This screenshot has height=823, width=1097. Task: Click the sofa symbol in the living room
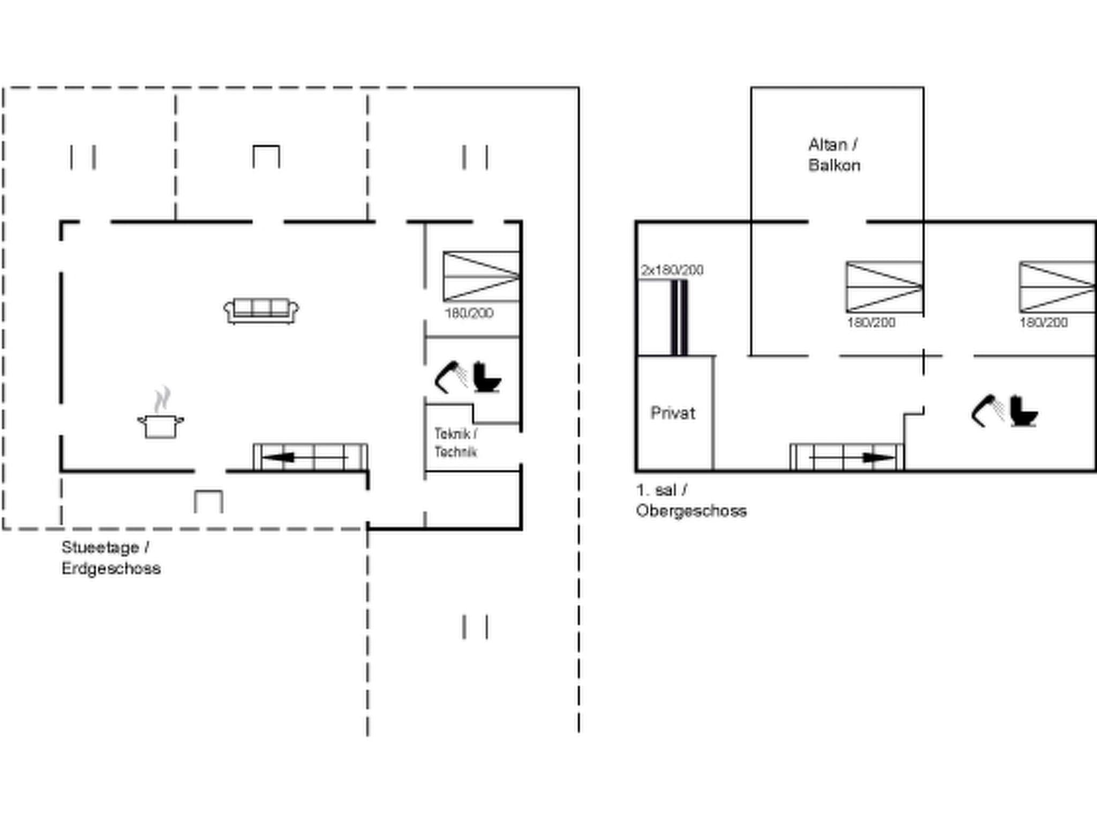pyautogui.click(x=261, y=311)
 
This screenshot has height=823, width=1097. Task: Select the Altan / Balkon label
pyautogui.click(x=833, y=155)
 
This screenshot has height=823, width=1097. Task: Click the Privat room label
pyautogui.click(x=673, y=413)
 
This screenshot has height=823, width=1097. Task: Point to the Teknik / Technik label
pyautogui.click(x=455, y=443)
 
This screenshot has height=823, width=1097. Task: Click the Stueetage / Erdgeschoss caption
pyautogui.click(x=110, y=558)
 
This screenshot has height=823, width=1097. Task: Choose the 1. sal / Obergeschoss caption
pyautogui.click(x=690, y=500)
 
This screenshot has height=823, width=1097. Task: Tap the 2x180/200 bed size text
pyautogui.click(x=672, y=270)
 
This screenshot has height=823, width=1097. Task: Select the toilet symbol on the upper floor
pyautogui.click(x=1024, y=411)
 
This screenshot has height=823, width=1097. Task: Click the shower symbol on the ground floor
pyautogui.click(x=450, y=377)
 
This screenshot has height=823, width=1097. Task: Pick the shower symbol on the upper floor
pyautogui.click(x=987, y=411)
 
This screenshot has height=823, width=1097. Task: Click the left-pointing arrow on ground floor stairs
pyautogui.click(x=279, y=458)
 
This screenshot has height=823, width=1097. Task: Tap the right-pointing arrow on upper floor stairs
pyautogui.click(x=878, y=458)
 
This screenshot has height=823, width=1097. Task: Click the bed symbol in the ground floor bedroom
pyautogui.click(x=481, y=276)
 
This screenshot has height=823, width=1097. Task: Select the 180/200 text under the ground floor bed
pyautogui.click(x=469, y=313)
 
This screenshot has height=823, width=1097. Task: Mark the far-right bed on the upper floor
pyautogui.click(x=1057, y=287)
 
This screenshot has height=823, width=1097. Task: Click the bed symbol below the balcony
pyautogui.click(x=884, y=287)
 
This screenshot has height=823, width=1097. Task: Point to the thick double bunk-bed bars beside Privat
pyautogui.click(x=679, y=317)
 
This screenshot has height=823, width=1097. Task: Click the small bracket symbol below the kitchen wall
pyautogui.click(x=208, y=502)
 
